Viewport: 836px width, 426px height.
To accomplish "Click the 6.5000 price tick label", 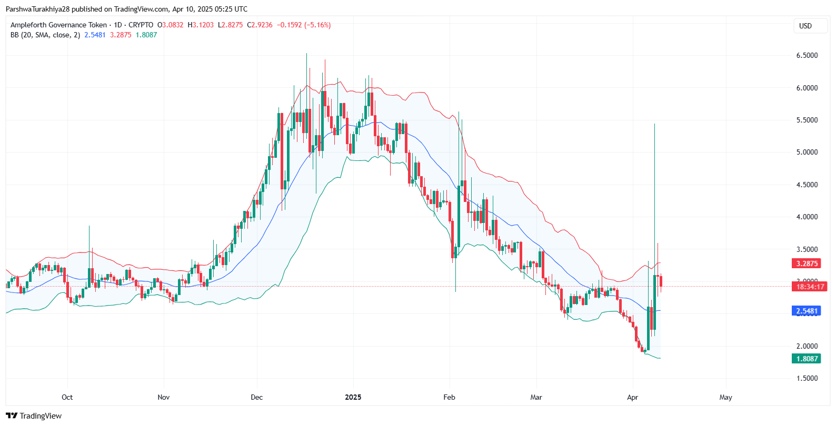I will coord(807,55).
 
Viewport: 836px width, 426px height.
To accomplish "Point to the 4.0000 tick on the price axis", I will coord(807,217).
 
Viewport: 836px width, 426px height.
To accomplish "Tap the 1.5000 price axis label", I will coord(807,378).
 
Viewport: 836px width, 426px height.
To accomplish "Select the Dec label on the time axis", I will coord(256,397).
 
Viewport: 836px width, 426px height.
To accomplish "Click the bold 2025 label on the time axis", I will coord(353,397).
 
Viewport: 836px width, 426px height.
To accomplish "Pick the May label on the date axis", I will coord(725,397).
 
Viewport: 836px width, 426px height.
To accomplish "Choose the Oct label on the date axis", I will coord(67,397).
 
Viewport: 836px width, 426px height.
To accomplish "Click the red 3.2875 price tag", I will coord(807,263).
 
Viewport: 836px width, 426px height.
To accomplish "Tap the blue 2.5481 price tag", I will coord(807,311).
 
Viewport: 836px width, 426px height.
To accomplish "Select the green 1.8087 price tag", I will coord(807,359).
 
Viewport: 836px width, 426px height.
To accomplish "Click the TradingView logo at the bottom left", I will coord(34,416).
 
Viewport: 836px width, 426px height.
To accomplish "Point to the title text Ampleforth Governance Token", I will coord(58,25).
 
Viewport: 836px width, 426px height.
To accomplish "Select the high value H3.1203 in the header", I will coord(201,25).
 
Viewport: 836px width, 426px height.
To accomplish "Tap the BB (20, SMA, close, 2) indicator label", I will coord(45,35).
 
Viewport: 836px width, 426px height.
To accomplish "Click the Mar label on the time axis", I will coord(536,397).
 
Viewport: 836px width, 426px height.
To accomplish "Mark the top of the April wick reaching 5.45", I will coord(654,124).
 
